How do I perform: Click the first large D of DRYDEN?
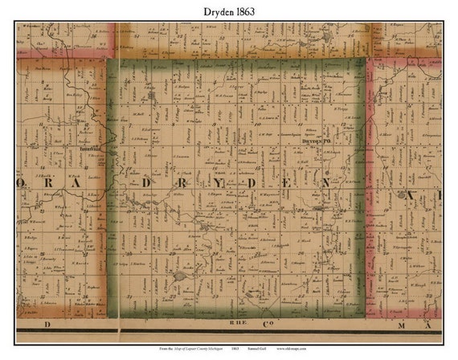145,182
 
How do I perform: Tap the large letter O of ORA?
22,182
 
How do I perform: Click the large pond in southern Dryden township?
179,275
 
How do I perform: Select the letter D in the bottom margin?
47,325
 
